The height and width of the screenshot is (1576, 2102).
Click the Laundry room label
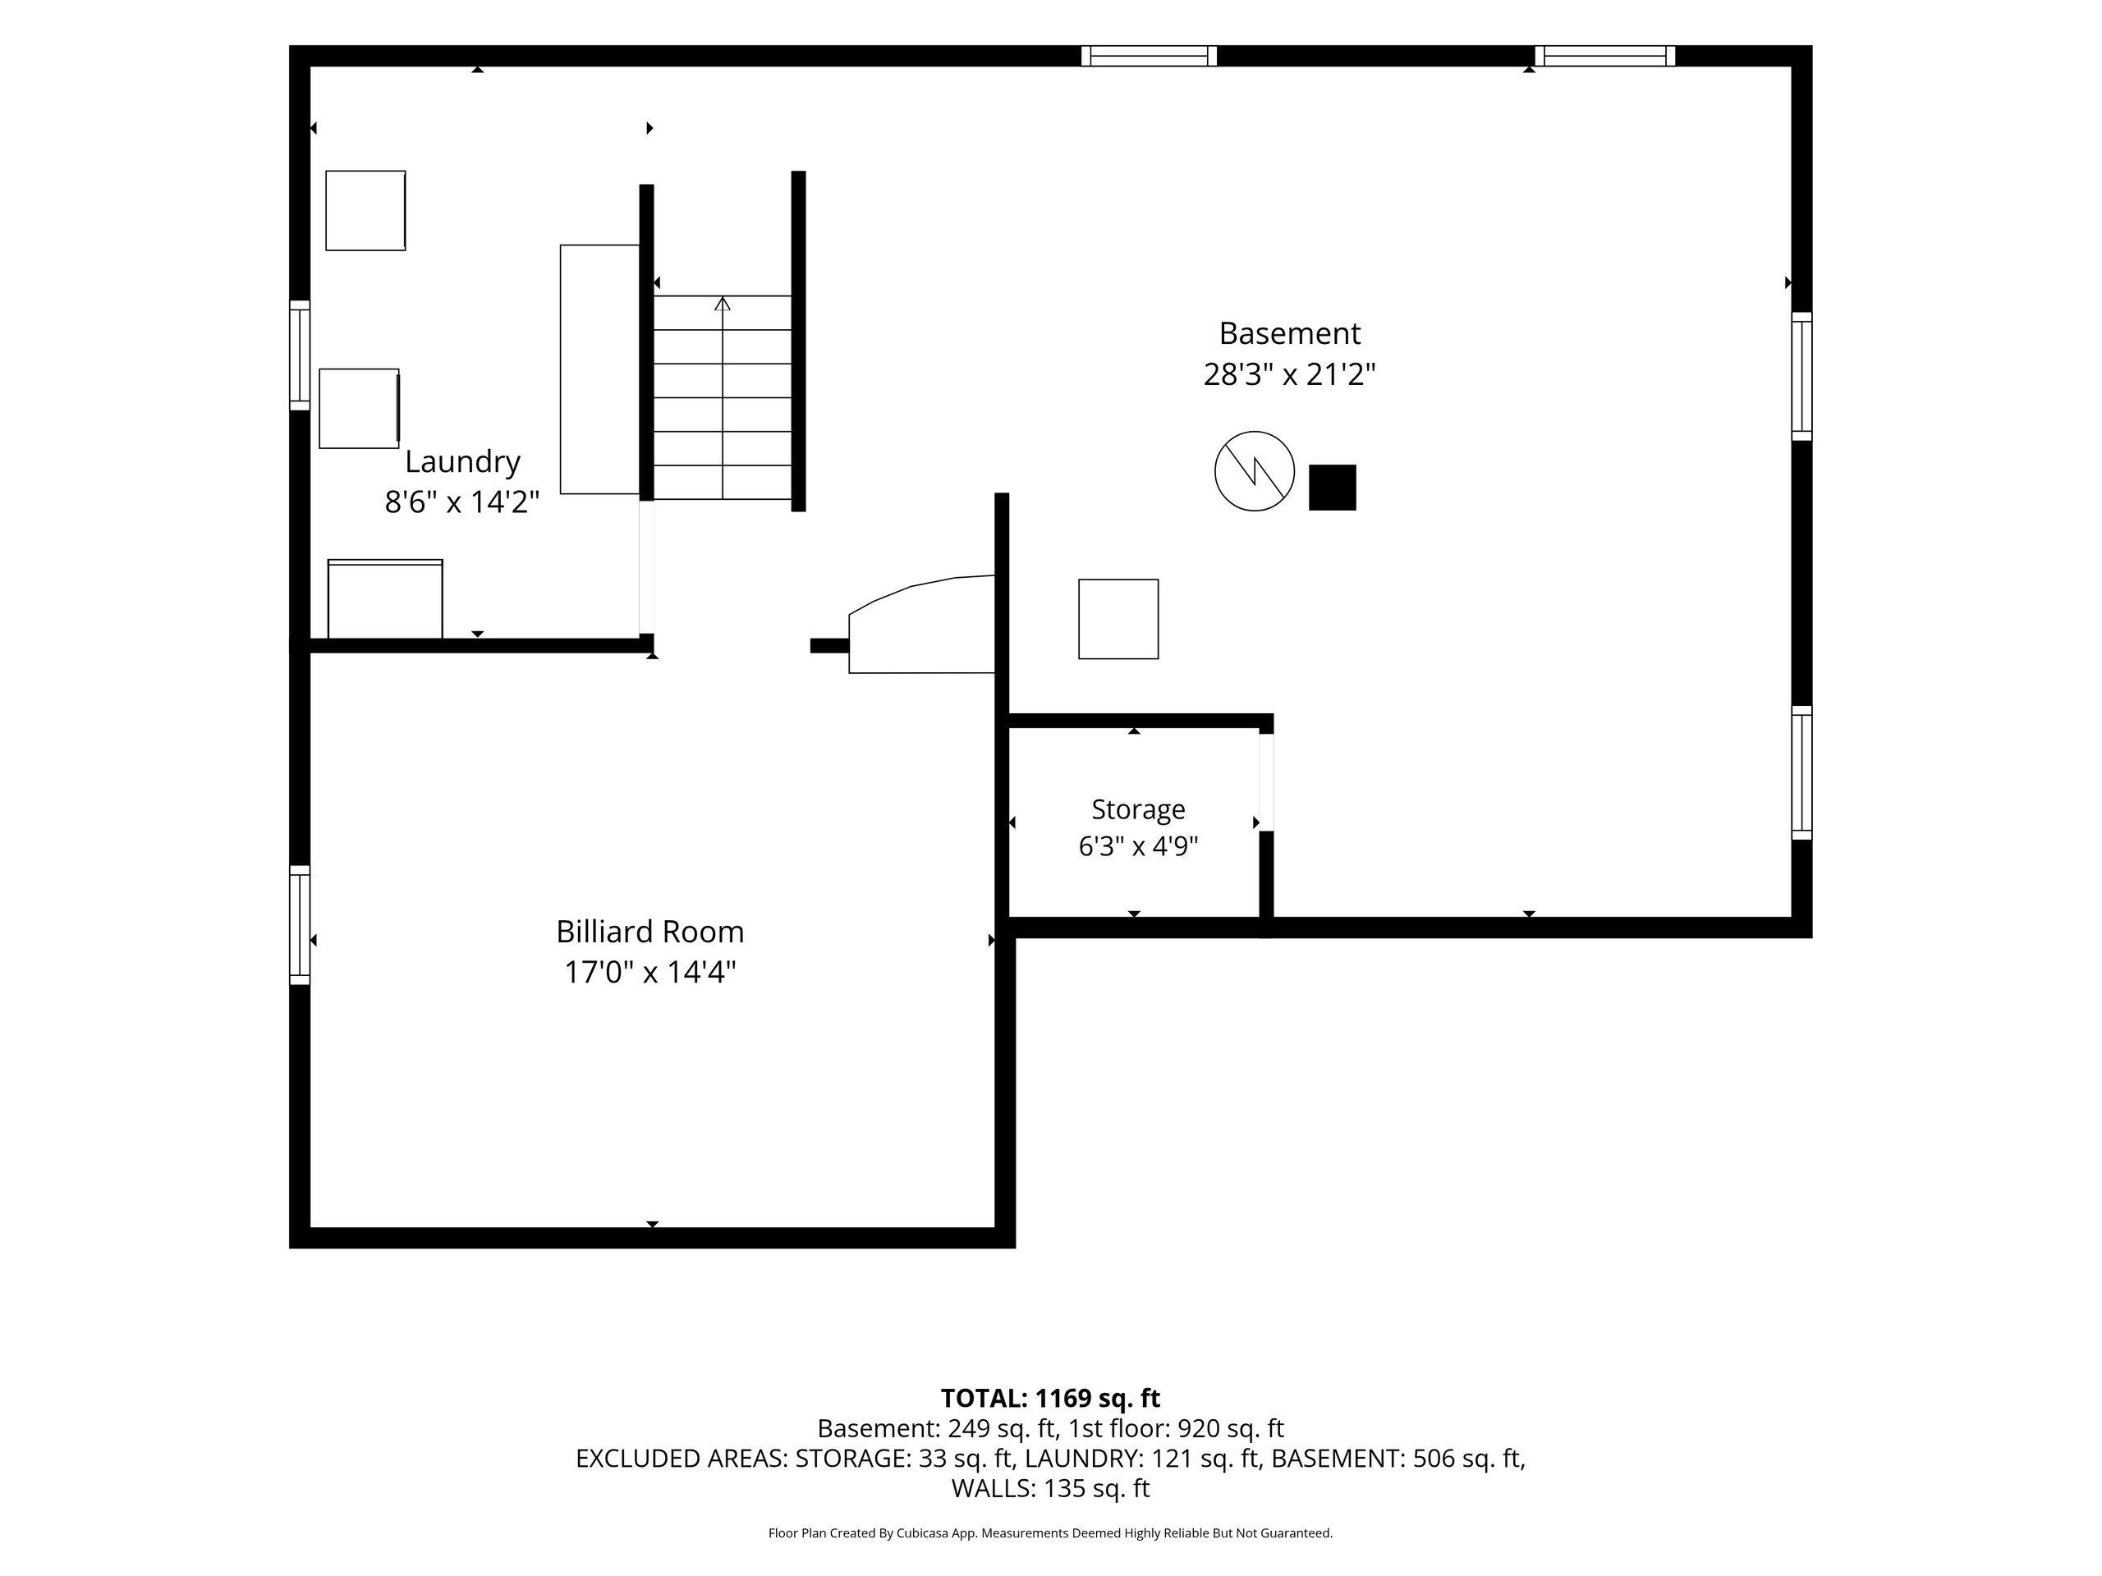tap(463, 461)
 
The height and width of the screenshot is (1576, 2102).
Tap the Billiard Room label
tap(650, 931)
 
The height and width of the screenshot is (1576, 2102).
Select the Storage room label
tap(1138, 809)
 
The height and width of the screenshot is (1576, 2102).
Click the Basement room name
tap(1289, 333)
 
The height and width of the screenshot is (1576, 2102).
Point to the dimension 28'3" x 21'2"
tap(1289, 374)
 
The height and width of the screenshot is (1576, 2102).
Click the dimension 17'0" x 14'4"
tap(650, 972)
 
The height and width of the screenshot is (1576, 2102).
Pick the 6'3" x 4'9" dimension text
tap(1138, 845)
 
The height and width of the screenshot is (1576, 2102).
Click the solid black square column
tap(1333, 488)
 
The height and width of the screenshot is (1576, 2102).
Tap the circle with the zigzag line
tap(1255, 471)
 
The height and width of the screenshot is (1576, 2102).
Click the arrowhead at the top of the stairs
tap(723, 303)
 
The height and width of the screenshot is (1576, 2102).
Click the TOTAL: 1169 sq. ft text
tap(1050, 1399)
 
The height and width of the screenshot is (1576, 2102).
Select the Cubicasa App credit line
tap(1050, 1532)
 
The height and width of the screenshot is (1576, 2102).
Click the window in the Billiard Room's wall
tap(300, 924)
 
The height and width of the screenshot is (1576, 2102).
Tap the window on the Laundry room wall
tap(300, 355)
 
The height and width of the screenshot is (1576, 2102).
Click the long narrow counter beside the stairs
tap(599, 369)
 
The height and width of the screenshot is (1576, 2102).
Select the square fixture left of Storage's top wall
tap(1118, 618)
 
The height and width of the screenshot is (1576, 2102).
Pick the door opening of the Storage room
tap(1266, 781)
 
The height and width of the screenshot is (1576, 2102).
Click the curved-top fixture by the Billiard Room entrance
tap(920, 624)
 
